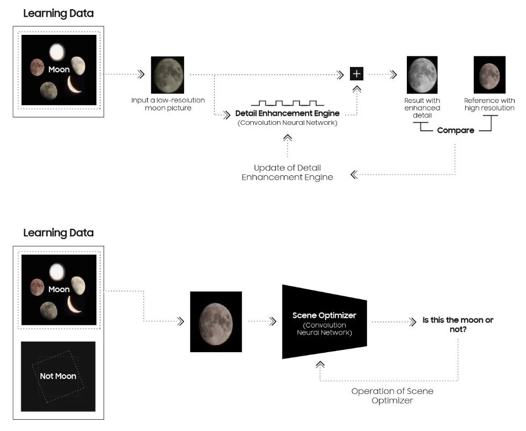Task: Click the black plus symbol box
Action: click(356, 74)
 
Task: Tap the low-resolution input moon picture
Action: click(167, 75)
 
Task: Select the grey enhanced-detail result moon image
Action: click(422, 75)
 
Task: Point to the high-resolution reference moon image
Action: click(489, 75)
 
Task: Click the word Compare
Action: click(455, 130)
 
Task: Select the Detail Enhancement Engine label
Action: click(287, 114)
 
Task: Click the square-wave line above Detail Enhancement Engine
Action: click(287, 102)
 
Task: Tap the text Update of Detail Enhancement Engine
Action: click(287, 173)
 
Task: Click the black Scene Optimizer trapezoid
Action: click(324, 322)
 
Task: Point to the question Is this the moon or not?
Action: click(457, 325)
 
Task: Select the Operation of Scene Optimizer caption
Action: click(392, 396)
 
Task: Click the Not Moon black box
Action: click(58, 376)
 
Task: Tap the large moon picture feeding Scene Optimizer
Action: click(216, 322)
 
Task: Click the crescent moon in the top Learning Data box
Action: click(75, 85)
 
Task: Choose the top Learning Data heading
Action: click(58, 14)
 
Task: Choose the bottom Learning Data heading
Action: click(58, 233)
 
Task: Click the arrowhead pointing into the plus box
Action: click(340, 75)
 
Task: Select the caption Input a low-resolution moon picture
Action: click(167, 104)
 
